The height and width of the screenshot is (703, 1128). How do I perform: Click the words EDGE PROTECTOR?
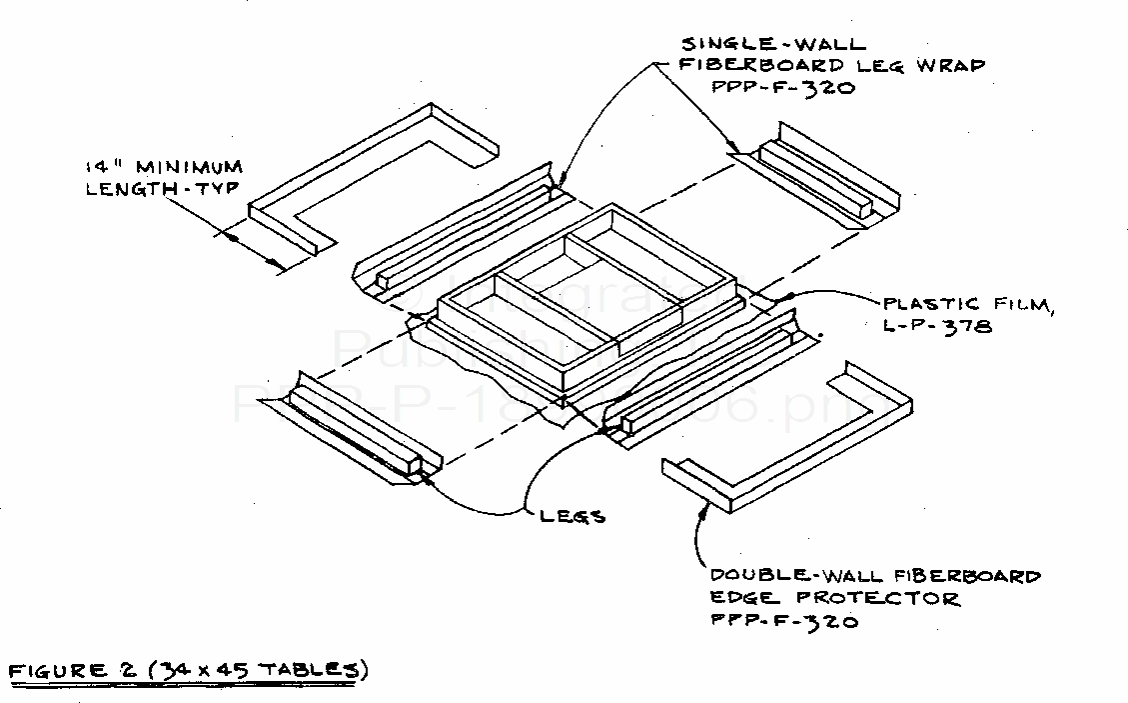(834, 599)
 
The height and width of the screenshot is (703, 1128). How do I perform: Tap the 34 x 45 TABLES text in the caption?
(263, 669)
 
